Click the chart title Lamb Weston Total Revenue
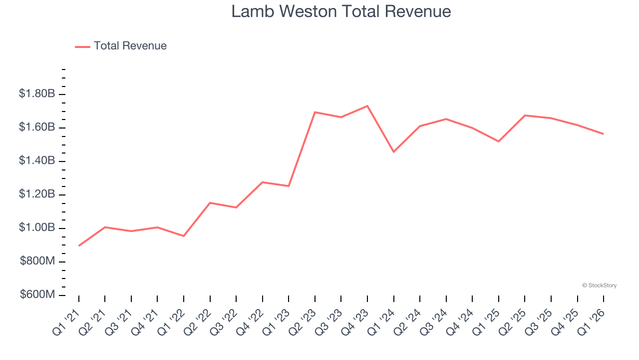[x=341, y=11]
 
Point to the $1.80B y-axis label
[x=36, y=94]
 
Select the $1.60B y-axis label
[x=36, y=127]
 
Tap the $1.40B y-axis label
[x=36, y=161]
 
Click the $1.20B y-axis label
[x=36, y=194]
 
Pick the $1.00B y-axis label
[x=36, y=228]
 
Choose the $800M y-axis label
[x=37, y=261]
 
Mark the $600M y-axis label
[x=37, y=295]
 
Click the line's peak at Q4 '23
[x=367, y=106]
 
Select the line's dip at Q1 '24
[x=394, y=151]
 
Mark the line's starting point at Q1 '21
[x=79, y=245]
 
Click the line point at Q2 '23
[x=315, y=112]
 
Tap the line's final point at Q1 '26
[x=604, y=134]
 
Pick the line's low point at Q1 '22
[x=184, y=236]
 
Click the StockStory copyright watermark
[x=599, y=285]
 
